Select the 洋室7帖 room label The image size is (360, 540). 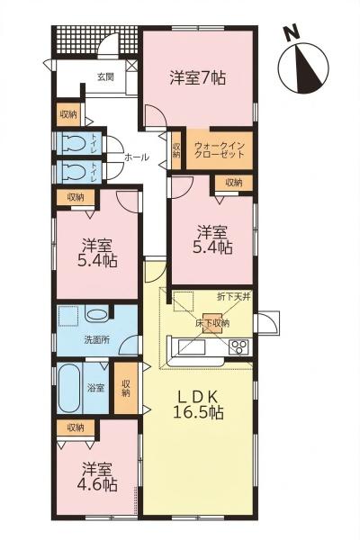tap(197, 77)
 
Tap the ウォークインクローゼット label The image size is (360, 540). tap(220, 148)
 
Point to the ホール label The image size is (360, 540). tap(136, 157)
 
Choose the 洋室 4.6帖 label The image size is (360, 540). tap(96, 476)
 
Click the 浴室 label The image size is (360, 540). tap(96, 389)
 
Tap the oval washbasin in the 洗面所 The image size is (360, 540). tap(96, 315)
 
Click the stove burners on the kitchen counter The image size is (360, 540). tap(239, 347)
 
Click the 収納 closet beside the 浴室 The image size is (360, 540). tap(127, 388)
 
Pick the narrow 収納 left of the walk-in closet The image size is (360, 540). tap(175, 149)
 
